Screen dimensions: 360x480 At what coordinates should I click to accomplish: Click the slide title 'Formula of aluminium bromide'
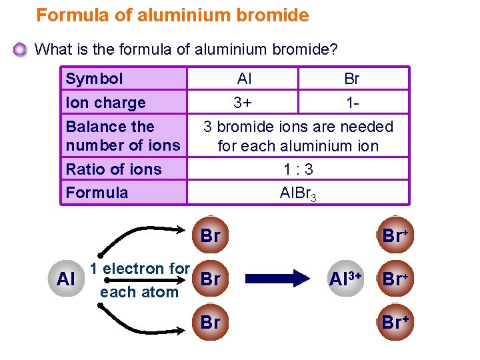tap(172, 15)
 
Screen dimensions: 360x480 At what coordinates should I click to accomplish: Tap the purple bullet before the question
tap(21, 49)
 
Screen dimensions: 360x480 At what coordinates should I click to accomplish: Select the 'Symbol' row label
tap(94, 79)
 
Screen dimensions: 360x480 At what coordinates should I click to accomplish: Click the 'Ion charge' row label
tap(105, 103)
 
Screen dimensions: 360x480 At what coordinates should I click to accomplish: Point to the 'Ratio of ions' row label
tap(113, 169)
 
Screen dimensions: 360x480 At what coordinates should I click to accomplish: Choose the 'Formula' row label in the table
tap(97, 193)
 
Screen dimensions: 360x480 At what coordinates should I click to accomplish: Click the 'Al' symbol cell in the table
tap(244, 79)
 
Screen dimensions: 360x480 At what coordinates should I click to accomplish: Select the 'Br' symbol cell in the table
tap(352, 79)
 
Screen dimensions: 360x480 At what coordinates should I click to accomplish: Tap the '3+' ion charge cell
tap(244, 103)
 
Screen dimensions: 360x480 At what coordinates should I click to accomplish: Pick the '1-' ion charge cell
tap(352, 103)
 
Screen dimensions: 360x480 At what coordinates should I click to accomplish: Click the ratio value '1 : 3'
tap(297, 169)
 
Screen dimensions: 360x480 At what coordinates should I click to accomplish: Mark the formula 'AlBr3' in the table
tap(297, 193)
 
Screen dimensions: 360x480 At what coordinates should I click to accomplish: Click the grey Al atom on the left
tap(66, 279)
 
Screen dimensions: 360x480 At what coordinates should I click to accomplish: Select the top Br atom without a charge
tap(210, 235)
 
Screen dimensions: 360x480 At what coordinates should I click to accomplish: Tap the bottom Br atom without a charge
tap(210, 322)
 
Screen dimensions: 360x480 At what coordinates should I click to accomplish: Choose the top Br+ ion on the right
tap(395, 235)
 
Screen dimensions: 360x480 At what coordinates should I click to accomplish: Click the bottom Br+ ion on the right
tap(395, 322)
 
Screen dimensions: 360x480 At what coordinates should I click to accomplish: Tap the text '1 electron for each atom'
tap(139, 280)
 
